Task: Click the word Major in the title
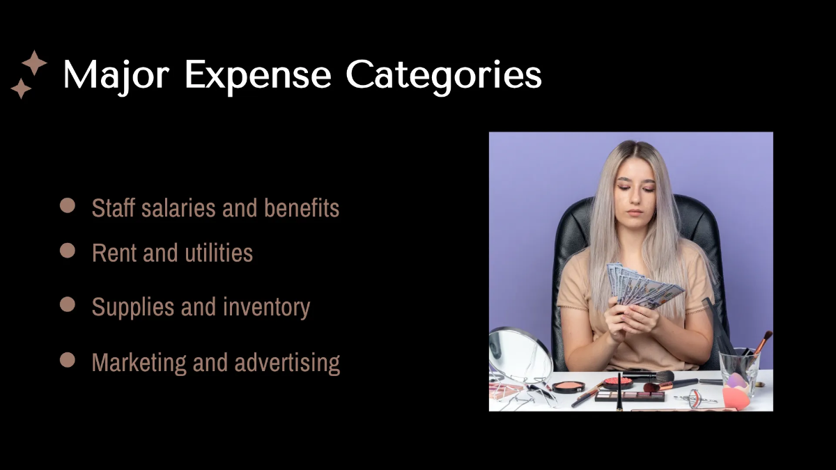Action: click(115, 75)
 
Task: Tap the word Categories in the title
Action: click(444, 75)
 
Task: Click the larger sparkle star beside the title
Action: click(34, 63)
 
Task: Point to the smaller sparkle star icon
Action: click(21, 88)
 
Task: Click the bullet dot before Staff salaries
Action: click(68, 205)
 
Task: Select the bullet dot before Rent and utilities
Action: click(68, 251)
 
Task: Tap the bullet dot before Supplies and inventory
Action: click(68, 304)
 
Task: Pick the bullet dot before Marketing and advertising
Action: click(68, 359)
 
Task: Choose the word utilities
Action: click(219, 253)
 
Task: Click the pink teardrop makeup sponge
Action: click(735, 397)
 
